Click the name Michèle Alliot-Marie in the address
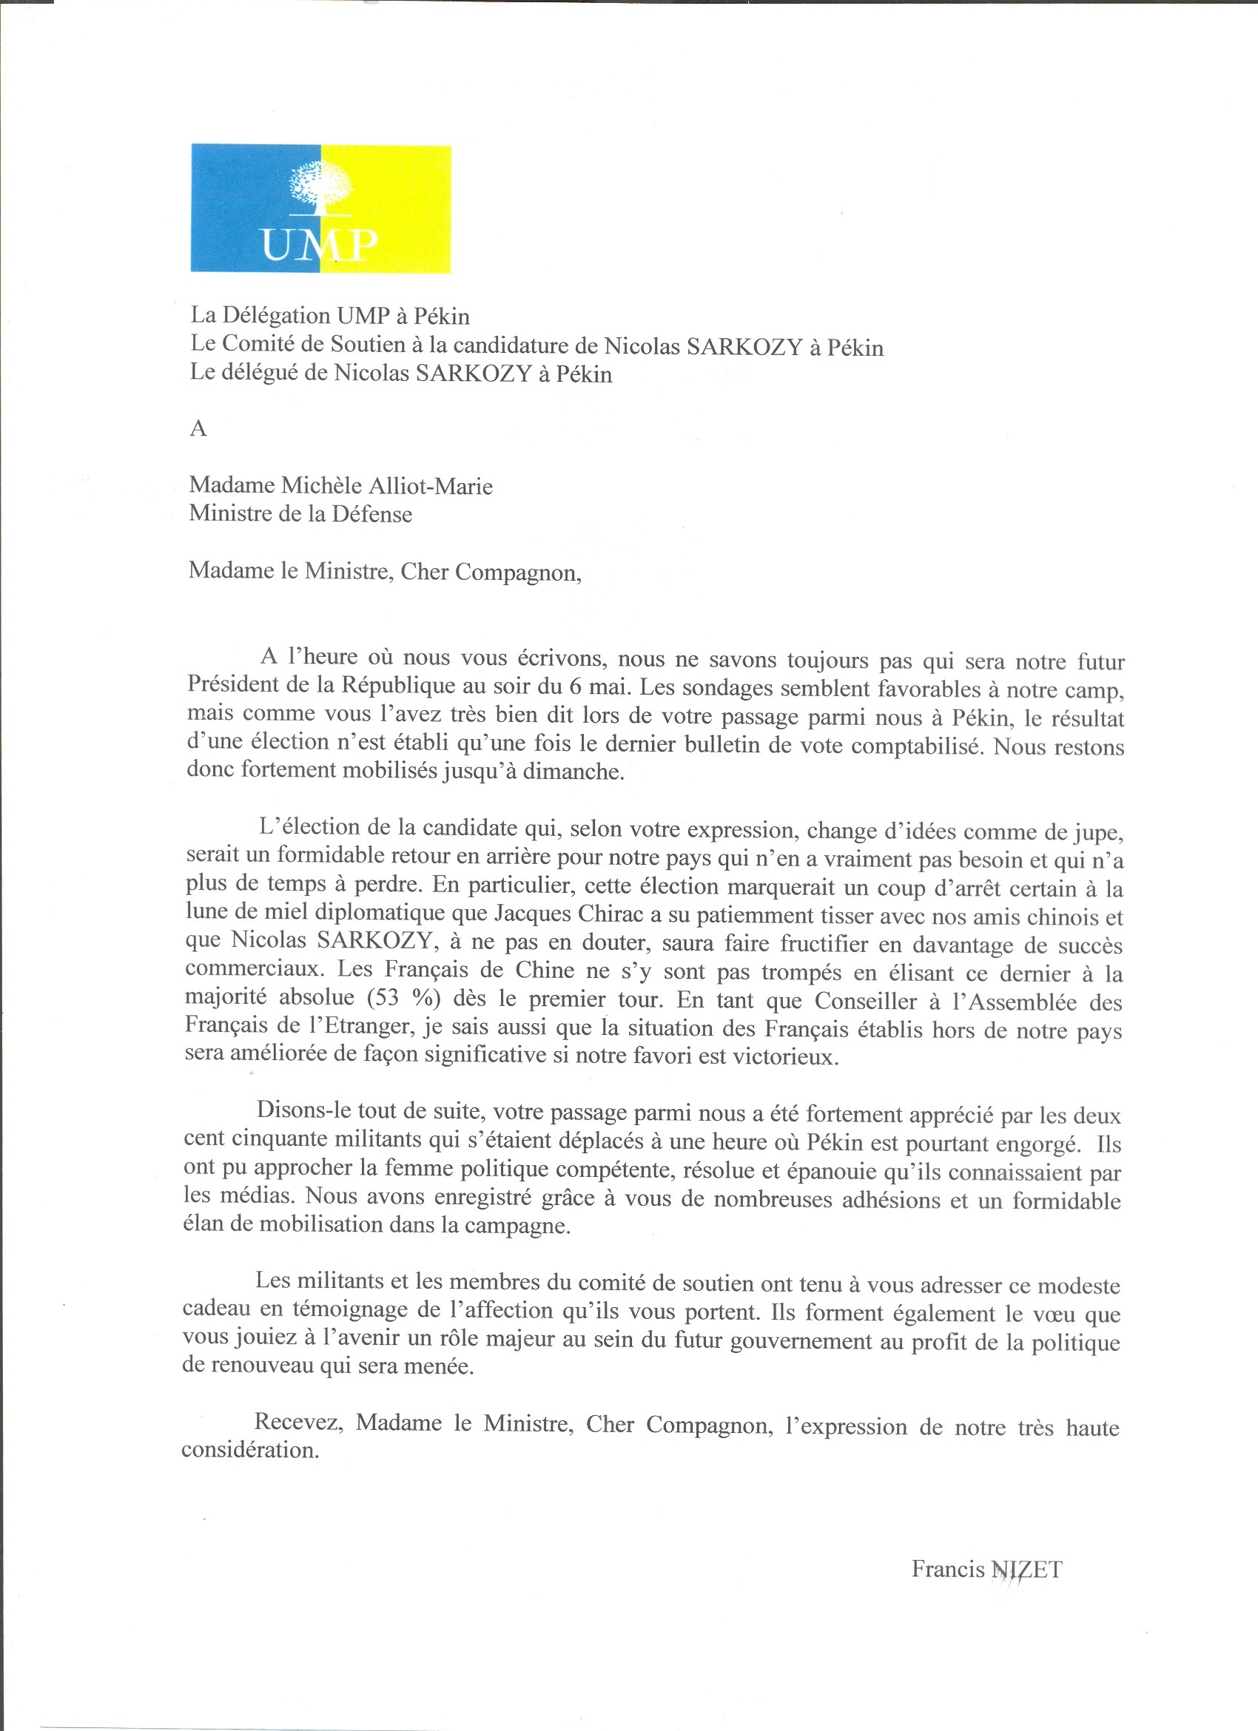[387, 486]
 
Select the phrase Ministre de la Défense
[300, 513]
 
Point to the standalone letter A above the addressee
[198, 429]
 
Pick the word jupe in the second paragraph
[1097, 831]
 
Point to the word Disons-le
[304, 1110]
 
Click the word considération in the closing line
[249, 1449]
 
